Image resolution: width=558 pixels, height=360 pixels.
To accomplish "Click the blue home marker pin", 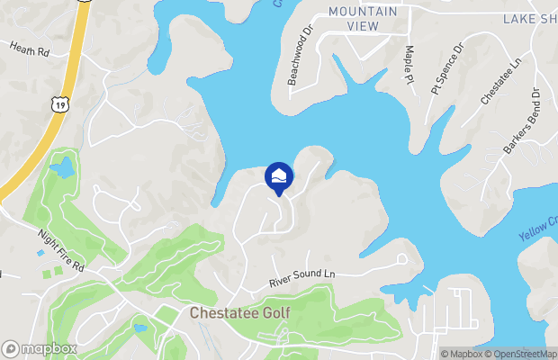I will pos(279,177).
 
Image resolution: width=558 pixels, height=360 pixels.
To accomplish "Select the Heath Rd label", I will pos(29,49).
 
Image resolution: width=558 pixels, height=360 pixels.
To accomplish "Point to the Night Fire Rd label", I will pos(60,252).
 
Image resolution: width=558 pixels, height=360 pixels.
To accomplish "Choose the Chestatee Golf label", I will pos(240,313).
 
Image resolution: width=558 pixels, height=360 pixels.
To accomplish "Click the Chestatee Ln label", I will pos(500,82).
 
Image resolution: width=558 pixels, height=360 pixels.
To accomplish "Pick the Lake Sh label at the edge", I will pos(530,18).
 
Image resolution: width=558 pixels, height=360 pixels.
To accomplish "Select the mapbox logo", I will pos(40,348).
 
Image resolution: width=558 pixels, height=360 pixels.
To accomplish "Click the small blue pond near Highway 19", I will pos(62,167).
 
